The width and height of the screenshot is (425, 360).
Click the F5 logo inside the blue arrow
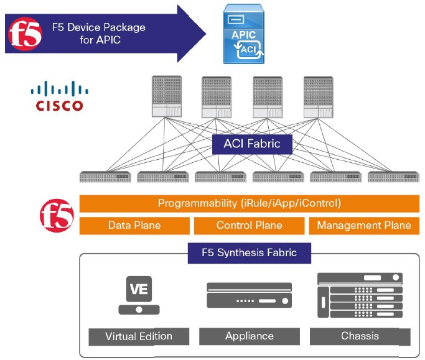click(26, 34)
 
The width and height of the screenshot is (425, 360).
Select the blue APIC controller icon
click(244, 34)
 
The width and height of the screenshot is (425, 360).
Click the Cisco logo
click(57, 96)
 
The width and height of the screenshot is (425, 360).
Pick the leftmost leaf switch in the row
click(105, 177)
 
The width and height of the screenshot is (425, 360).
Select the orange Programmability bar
click(249, 203)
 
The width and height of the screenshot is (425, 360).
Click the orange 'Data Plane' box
click(134, 226)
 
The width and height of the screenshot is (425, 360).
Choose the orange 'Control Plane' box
click(249, 226)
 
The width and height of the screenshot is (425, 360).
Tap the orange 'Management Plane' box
click(364, 226)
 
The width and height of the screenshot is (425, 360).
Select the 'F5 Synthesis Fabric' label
click(249, 253)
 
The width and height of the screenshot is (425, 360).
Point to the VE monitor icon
click(138, 295)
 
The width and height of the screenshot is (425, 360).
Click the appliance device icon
click(249, 295)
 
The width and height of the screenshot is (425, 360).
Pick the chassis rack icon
click(360, 295)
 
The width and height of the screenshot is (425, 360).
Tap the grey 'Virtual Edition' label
click(138, 336)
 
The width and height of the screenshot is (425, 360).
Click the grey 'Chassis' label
click(360, 336)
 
